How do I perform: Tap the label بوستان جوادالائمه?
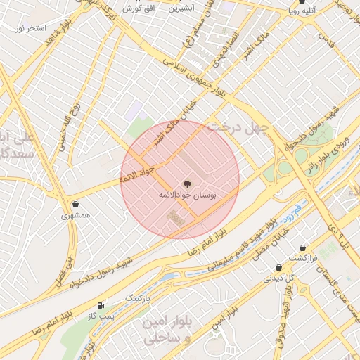(x=188, y=194)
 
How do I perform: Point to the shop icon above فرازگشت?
(x=302, y=247)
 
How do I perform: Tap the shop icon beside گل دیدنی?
(x=279, y=267)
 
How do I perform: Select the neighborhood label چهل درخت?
(x=259, y=127)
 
